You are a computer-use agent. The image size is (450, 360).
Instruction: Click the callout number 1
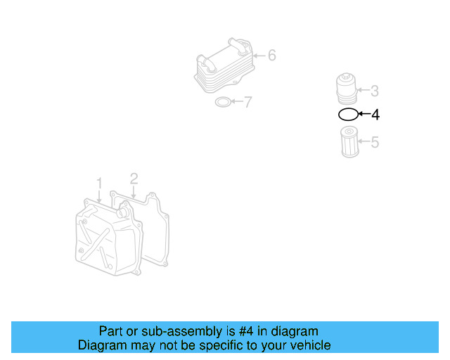pos(99,183)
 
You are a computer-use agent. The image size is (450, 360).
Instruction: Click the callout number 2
pos(133,179)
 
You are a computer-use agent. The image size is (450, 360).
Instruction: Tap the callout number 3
pos(375,91)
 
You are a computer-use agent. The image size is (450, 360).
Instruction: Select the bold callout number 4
pos(375,115)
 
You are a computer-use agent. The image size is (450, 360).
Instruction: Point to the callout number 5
pos(375,143)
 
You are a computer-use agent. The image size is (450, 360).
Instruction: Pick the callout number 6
pos(271,56)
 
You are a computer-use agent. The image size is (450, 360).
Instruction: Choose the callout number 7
pos(247,103)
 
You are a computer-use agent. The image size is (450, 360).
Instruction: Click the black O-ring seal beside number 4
pos(347,114)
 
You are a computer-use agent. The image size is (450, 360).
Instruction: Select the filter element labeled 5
pos(347,141)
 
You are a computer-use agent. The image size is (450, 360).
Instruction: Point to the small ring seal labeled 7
pos(221,103)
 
